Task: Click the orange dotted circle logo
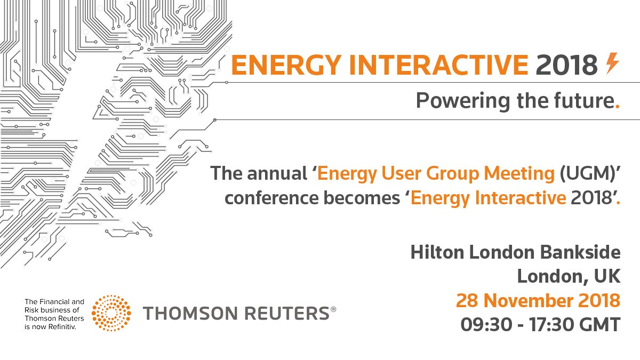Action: click(111, 313)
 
